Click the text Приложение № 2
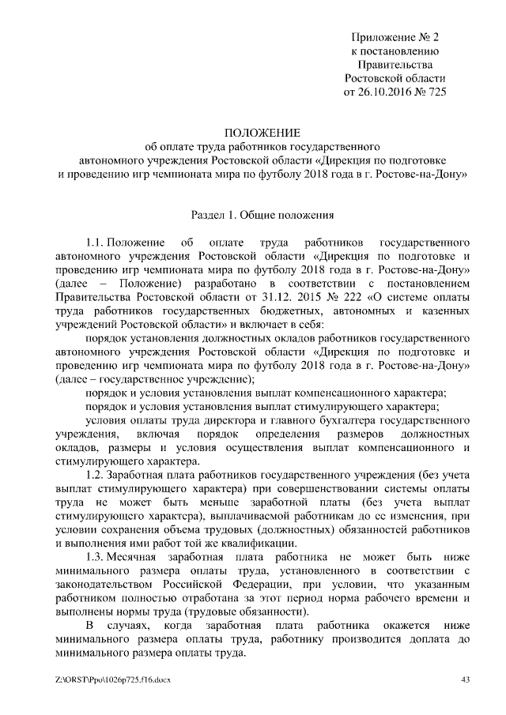(395, 37)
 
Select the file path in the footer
(113, 679)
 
